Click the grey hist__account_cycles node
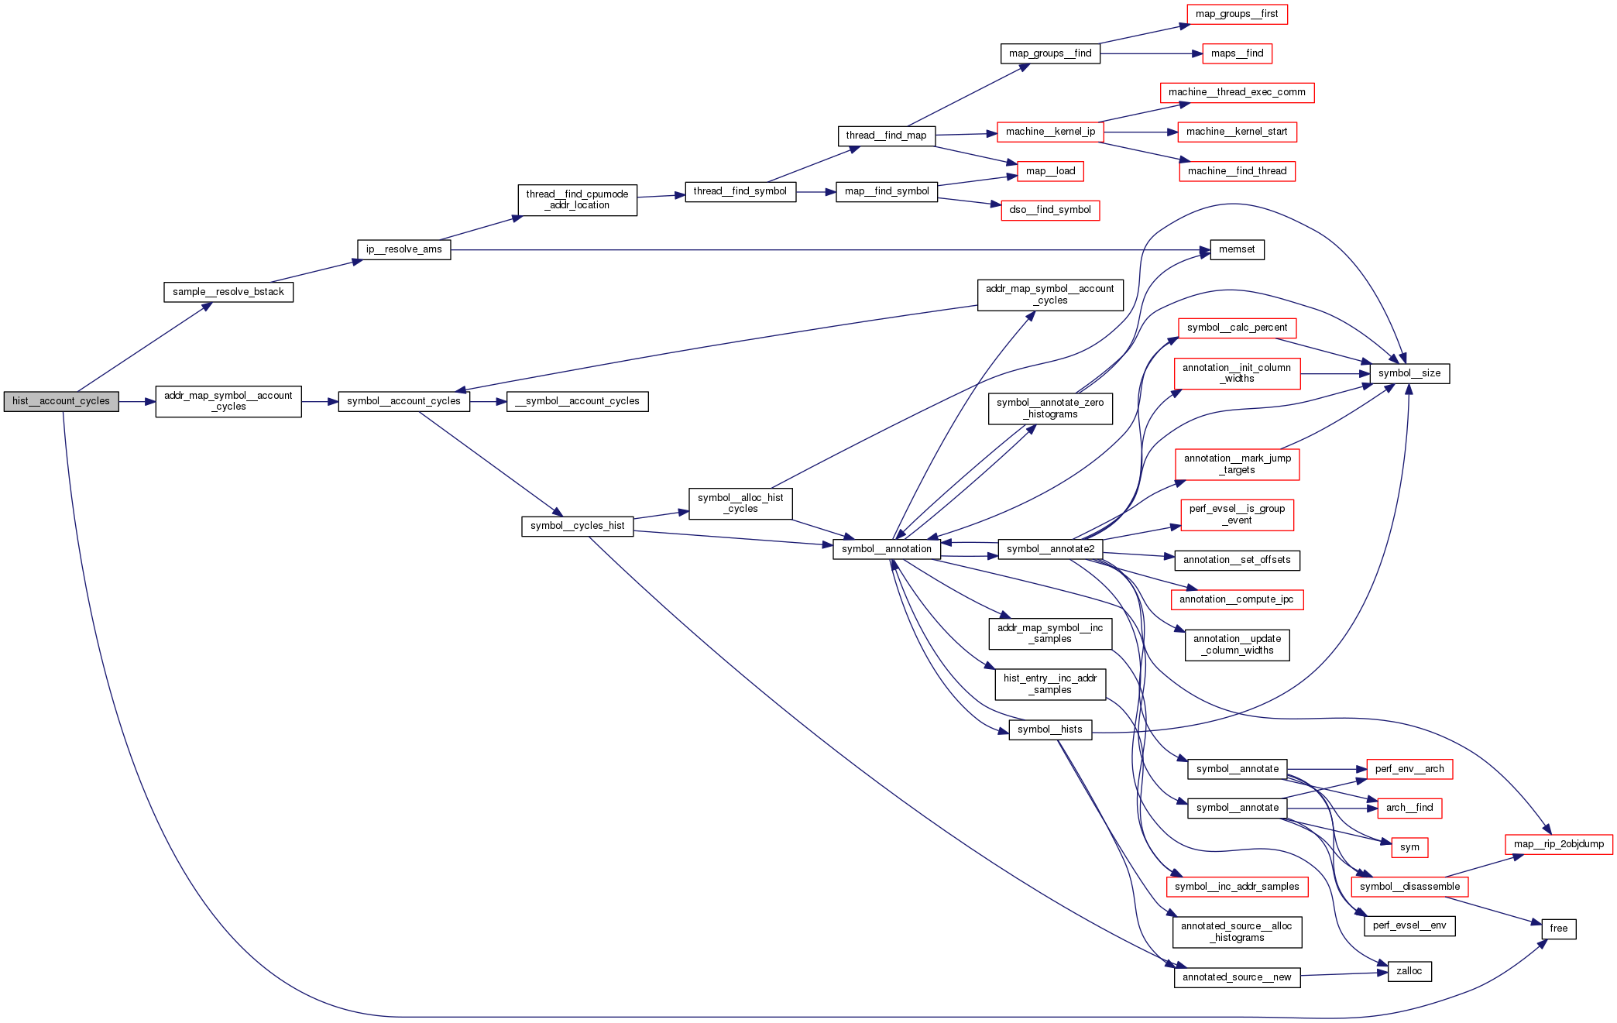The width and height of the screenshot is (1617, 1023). coord(61,401)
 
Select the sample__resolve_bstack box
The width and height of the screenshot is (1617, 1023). coord(228,292)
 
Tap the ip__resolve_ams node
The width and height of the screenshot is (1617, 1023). coord(403,249)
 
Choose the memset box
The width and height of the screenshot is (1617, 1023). coord(1237,249)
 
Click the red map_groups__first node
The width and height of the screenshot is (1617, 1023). coord(1237,14)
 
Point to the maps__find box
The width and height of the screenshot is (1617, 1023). coord(1237,53)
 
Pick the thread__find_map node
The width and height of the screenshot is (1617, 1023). coord(886,136)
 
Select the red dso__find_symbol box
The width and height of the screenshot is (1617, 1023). coord(1050,210)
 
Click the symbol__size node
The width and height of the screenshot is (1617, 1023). coord(1409,373)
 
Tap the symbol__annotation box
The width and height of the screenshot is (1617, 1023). coord(887,549)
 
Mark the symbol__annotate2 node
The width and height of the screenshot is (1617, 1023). coord(1050,549)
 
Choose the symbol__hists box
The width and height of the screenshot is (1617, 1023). coord(1050,729)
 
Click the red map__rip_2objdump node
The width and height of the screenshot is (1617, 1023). coord(1559,844)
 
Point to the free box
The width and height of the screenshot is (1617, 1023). coord(1559,929)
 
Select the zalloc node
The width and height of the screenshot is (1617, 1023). coord(1409,971)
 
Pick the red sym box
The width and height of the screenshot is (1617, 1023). coord(1409,847)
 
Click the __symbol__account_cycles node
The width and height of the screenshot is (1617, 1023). coord(577,401)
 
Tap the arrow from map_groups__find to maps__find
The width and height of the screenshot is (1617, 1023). coord(1151,53)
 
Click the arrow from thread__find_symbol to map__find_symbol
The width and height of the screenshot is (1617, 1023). coord(816,191)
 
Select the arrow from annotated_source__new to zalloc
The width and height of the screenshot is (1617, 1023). coord(1344,974)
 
